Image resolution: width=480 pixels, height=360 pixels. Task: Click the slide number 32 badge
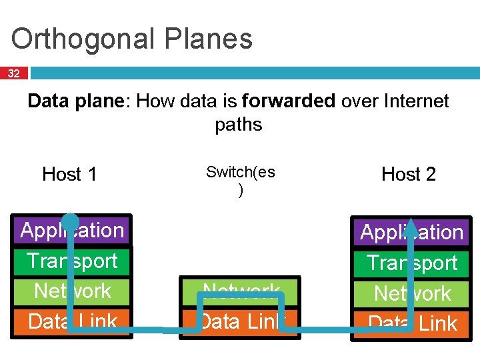[x=14, y=73]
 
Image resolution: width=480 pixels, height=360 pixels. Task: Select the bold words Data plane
[x=78, y=101]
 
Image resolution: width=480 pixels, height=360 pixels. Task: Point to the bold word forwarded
[x=289, y=101]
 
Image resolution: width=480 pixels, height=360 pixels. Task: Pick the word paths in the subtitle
[x=239, y=125]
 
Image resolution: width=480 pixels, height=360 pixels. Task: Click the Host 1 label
[x=69, y=175]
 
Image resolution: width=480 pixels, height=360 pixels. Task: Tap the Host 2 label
[x=408, y=175]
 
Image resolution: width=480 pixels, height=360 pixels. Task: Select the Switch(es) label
[x=240, y=180]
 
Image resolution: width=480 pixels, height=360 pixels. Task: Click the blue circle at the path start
[x=70, y=222]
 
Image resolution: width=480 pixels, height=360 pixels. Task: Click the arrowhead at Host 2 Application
[x=412, y=227]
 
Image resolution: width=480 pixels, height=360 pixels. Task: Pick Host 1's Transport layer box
[x=100, y=261]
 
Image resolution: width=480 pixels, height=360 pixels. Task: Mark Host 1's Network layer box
[x=100, y=291]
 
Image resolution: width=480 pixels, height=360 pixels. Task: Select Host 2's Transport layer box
[x=440, y=263]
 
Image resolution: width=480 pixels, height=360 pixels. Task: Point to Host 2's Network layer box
[x=440, y=293]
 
